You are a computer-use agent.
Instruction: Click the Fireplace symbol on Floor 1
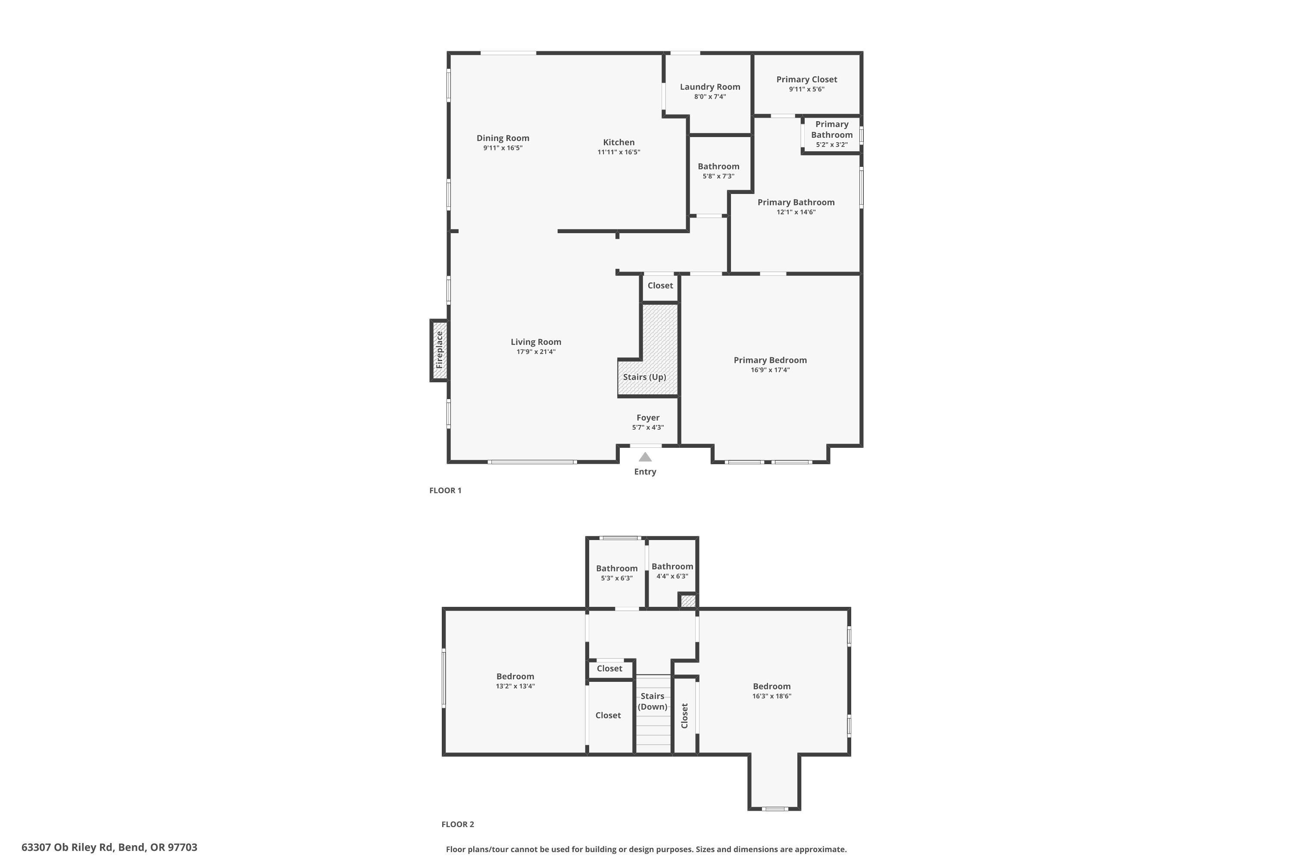pyautogui.click(x=439, y=350)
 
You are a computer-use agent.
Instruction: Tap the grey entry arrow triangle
pyautogui.click(x=645, y=457)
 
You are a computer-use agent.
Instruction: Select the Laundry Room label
pyautogui.click(x=710, y=87)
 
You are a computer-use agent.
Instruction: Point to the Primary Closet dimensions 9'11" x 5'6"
pyautogui.click(x=806, y=89)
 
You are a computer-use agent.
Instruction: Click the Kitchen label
pyautogui.click(x=618, y=142)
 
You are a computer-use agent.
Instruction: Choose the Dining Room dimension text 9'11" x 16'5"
pyautogui.click(x=503, y=148)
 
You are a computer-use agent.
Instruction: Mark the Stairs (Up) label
pyautogui.click(x=644, y=377)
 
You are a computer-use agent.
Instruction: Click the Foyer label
pyautogui.click(x=648, y=418)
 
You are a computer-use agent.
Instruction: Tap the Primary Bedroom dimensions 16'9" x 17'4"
pyautogui.click(x=770, y=370)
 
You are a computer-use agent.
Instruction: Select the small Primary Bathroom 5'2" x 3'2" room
pyautogui.click(x=831, y=134)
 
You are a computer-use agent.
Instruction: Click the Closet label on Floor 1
pyautogui.click(x=660, y=285)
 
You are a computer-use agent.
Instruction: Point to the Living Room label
pyautogui.click(x=535, y=342)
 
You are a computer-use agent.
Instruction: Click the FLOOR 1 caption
pyautogui.click(x=445, y=490)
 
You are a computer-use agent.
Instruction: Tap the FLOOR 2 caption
pyautogui.click(x=457, y=824)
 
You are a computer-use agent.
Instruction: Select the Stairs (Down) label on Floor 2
pyautogui.click(x=653, y=702)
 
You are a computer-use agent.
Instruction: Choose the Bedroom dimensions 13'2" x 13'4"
pyautogui.click(x=515, y=686)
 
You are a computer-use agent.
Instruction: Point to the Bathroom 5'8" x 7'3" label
pyautogui.click(x=718, y=166)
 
